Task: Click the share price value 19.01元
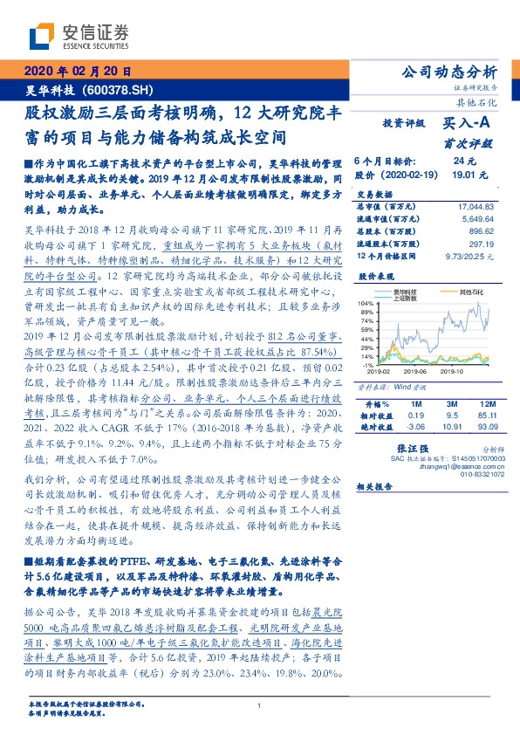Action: (463, 175)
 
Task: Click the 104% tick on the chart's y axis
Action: (364, 301)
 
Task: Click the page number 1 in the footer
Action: (260, 705)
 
